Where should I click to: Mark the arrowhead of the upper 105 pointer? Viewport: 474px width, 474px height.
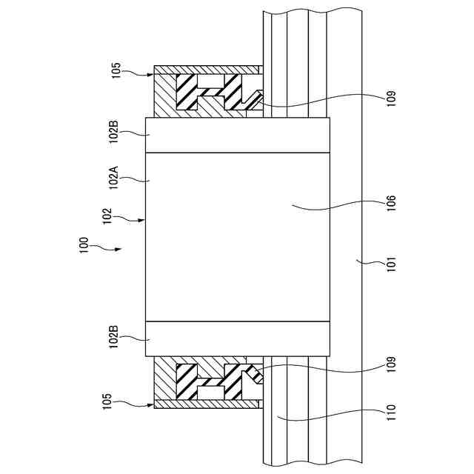tap(153, 74)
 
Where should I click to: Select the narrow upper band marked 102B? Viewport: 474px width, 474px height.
tap(237, 136)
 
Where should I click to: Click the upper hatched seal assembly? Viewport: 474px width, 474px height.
tap(207, 92)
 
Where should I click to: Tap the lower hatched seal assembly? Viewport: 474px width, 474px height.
tap(207, 382)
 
